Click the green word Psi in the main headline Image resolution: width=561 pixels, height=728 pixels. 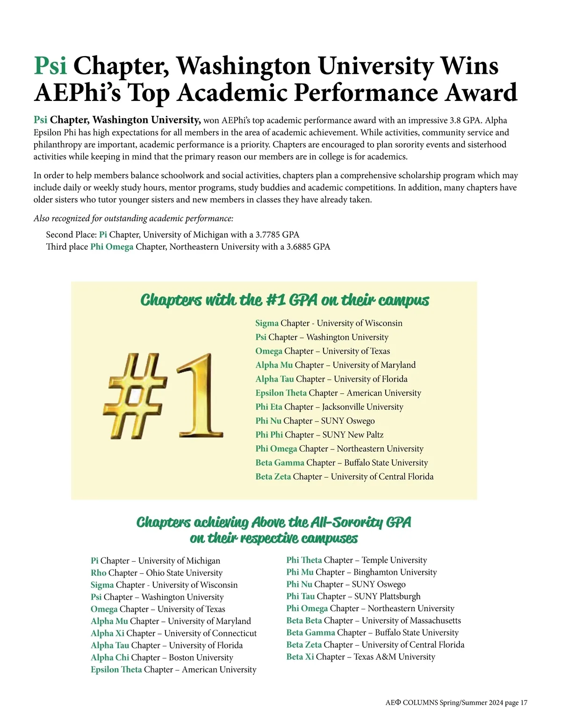[50, 66]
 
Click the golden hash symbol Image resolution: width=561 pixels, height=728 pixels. [135, 396]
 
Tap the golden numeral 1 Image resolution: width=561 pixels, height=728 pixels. [199, 396]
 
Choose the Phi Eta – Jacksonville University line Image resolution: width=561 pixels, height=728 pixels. [329, 407]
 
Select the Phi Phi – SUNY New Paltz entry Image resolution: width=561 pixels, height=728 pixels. [319, 435]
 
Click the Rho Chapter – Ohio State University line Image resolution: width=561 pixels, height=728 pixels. [157, 573]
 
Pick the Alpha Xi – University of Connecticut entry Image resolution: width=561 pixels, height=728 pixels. [173, 633]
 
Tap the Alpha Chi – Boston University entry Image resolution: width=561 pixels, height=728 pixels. [162, 657]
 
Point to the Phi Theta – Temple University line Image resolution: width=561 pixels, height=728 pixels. [356, 560]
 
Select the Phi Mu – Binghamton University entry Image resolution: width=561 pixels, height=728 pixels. [361, 572]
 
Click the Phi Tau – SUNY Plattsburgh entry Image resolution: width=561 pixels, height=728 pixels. [353, 596]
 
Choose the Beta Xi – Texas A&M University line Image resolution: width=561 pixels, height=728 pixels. [360, 657]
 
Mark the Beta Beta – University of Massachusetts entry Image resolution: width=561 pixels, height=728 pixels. [374, 621]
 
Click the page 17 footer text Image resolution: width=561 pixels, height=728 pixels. [456, 703]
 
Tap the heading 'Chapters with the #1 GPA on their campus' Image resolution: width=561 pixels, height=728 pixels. [284, 300]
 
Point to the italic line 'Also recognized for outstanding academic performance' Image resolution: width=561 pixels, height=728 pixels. [133, 219]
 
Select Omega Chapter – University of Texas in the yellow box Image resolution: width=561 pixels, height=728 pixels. [323, 351]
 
